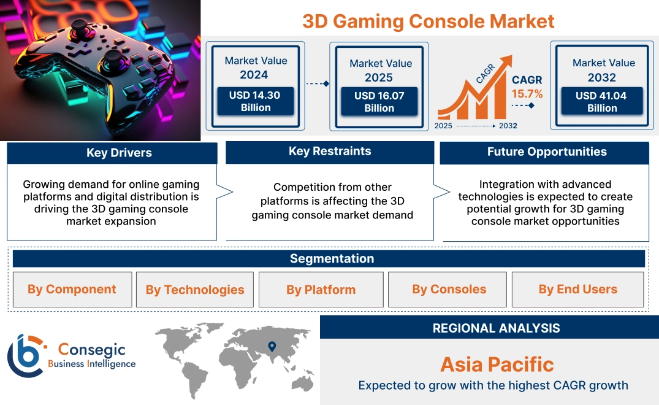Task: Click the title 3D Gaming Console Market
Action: [x=428, y=21]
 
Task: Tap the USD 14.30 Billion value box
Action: [x=256, y=101]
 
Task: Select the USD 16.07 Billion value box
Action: [x=379, y=101]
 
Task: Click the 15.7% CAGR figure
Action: [x=527, y=94]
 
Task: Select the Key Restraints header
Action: [x=330, y=152]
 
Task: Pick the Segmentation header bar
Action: [x=332, y=258]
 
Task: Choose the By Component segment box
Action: [x=72, y=289]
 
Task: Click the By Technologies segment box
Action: [x=195, y=290]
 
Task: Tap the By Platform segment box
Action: [x=321, y=290]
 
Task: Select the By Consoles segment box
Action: [x=449, y=289]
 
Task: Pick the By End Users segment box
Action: [x=577, y=289]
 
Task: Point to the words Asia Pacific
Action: [x=497, y=364]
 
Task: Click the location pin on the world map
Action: [x=272, y=347]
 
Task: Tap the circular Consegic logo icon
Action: [x=25, y=355]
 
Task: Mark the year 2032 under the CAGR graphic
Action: [x=507, y=126]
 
